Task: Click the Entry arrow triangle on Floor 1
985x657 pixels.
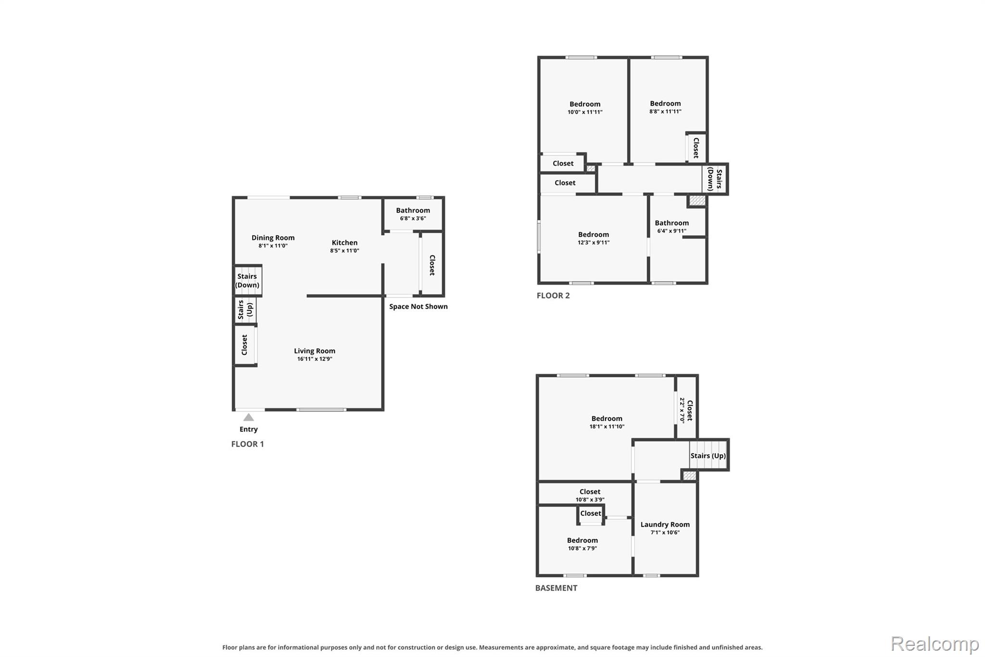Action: [x=248, y=417]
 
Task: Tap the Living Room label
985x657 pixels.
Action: [x=315, y=351]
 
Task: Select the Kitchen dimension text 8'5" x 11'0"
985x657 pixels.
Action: [x=344, y=251]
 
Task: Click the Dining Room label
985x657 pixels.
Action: [x=273, y=238]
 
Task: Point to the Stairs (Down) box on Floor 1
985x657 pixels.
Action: [x=248, y=280]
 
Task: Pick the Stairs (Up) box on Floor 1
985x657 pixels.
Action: [x=245, y=310]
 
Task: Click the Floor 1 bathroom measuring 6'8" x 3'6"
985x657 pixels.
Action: [x=413, y=214]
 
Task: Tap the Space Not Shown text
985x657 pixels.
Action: [x=418, y=307]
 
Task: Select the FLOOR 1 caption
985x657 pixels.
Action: [x=248, y=444]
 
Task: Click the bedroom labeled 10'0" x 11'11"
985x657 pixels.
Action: [x=584, y=108]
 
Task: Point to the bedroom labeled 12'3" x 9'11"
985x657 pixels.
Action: [x=594, y=238]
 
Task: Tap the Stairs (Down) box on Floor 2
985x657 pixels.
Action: [x=715, y=180]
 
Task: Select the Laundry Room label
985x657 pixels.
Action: [x=665, y=525]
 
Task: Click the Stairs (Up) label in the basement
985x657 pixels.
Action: [x=708, y=456]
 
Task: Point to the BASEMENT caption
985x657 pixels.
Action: [x=556, y=588]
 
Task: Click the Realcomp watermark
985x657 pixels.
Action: [x=935, y=644]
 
